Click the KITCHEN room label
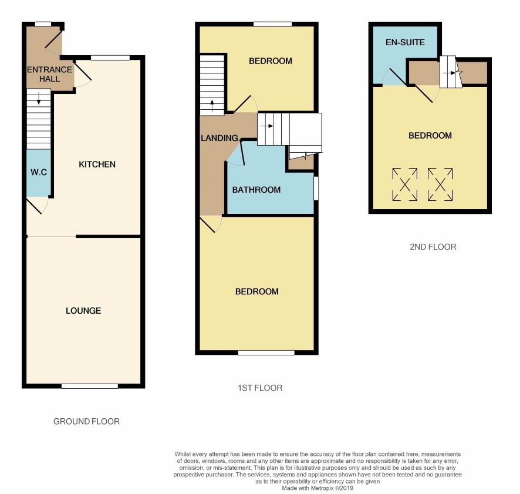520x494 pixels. tap(97, 164)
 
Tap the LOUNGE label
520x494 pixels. tap(83, 311)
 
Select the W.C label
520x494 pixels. tap(39, 172)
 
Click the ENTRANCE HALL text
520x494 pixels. tap(49, 75)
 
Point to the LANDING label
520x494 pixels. tap(220, 138)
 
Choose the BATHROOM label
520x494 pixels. tap(256, 190)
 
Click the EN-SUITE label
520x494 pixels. tap(405, 42)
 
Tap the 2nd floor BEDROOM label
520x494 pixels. tap(430, 136)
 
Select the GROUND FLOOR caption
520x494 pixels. tap(86, 422)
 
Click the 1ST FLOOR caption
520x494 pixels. tap(260, 388)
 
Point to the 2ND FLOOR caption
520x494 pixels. tap(433, 247)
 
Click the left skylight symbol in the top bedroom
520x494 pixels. tap(405, 184)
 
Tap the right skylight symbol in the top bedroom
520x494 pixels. tap(440, 184)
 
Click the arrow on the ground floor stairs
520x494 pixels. tap(39, 98)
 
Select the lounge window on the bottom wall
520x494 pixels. tap(90, 386)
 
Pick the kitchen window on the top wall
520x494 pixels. tap(110, 58)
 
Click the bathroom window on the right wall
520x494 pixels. tap(316, 188)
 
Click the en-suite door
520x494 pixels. tap(397, 77)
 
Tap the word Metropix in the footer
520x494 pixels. tap(322, 488)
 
